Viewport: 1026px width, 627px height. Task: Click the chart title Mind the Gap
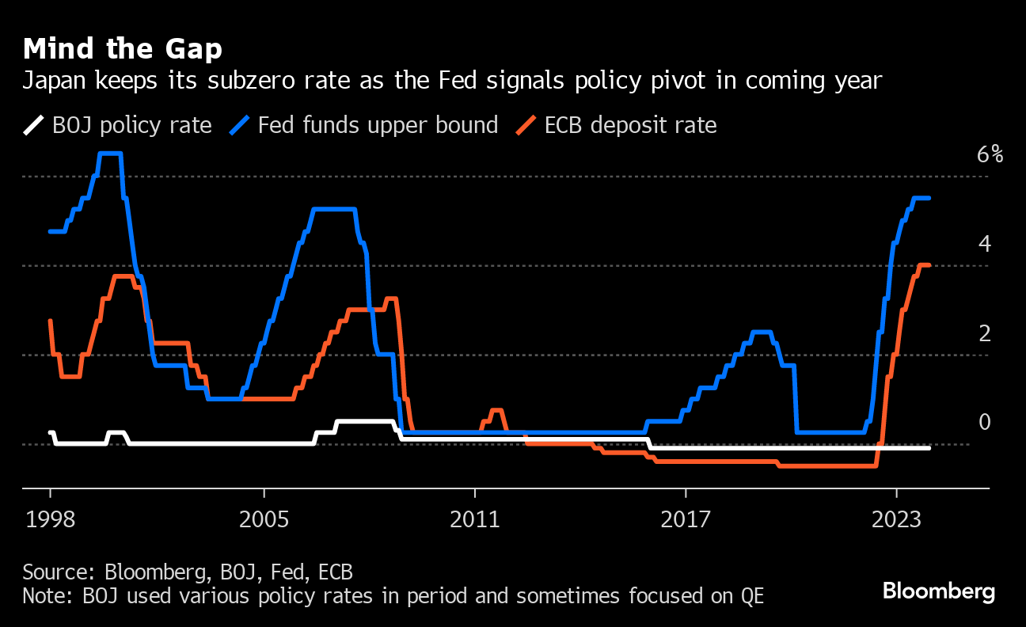coord(122,49)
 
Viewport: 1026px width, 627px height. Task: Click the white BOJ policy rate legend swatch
coord(33,125)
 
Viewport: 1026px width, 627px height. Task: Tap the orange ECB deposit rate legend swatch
coord(526,125)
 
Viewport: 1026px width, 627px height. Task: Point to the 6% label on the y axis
coord(990,154)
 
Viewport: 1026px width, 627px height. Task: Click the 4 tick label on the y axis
coord(984,244)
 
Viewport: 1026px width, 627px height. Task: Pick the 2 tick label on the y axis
coord(984,333)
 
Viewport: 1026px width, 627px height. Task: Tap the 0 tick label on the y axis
coord(984,422)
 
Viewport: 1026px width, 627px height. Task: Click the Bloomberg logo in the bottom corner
coord(938,591)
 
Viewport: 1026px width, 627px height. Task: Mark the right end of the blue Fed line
coord(929,198)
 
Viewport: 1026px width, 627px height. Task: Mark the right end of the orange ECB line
coord(929,265)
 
